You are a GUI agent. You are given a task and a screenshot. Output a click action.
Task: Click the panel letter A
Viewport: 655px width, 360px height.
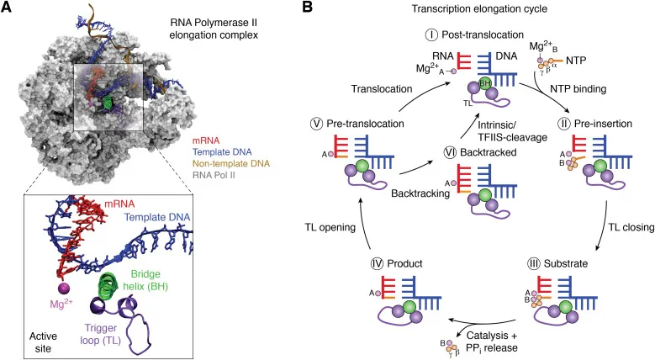8,8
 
